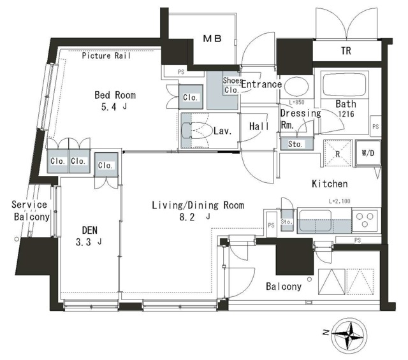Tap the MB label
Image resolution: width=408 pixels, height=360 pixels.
click(212, 39)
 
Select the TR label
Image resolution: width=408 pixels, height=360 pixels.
click(346, 51)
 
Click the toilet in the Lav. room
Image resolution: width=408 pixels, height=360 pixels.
click(197, 130)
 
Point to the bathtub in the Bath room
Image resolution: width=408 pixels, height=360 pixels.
click(344, 84)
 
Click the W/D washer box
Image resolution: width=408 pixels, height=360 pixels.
click(368, 153)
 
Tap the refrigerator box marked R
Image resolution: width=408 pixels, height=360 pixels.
click(338, 153)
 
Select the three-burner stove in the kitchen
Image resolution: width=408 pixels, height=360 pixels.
click(365, 220)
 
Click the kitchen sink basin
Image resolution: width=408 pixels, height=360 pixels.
click(315, 220)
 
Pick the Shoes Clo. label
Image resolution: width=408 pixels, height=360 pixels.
click(233, 85)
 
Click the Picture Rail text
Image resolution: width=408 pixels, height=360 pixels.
click(106, 55)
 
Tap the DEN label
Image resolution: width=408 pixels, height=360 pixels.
click(90, 230)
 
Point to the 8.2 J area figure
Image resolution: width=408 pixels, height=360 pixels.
click(194, 217)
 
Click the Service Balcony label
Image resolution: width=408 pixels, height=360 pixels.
click(30, 211)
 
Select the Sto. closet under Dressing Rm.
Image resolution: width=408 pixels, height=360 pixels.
click(296, 144)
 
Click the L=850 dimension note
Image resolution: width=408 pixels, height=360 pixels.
click(296, 102)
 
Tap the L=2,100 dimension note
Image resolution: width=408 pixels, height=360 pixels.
click(340, 201)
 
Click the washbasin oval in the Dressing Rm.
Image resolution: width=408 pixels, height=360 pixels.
click(296, 86)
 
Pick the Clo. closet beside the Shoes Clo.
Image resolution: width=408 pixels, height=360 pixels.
click(191, 97)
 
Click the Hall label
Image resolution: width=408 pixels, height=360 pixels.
click(259, 126)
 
